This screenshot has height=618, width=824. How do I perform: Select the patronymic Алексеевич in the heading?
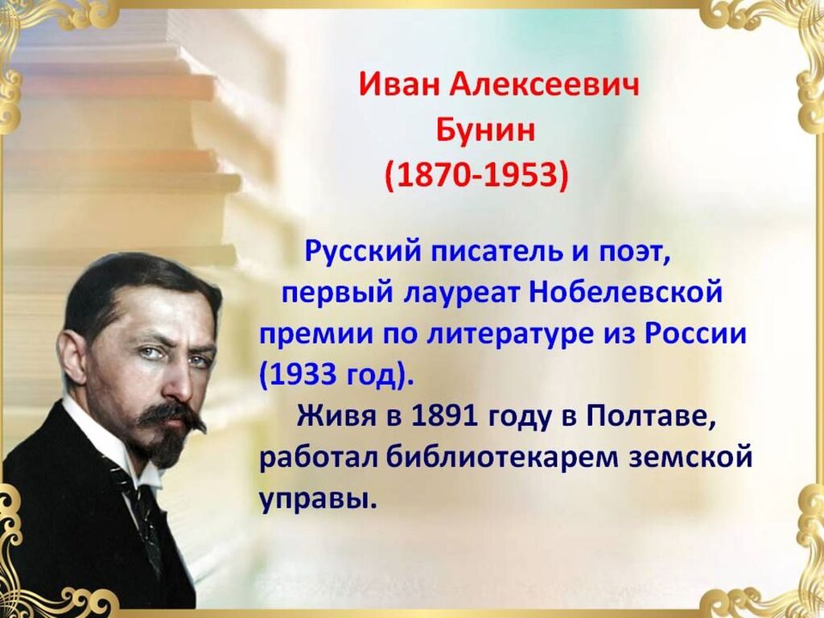click(545, 84)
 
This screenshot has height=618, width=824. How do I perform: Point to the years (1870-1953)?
click(477, 175)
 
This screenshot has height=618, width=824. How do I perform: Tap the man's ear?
click(72, 357)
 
